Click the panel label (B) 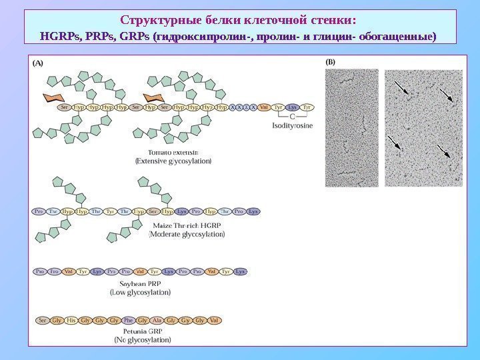[x=331, y=63]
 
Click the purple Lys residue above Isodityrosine [x=292, y=107]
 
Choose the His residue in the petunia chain [x=71, y=321]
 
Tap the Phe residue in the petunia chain [x=129, y=321]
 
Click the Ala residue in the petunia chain [x=158, y=321]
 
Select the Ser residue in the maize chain [x=154, y=211]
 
